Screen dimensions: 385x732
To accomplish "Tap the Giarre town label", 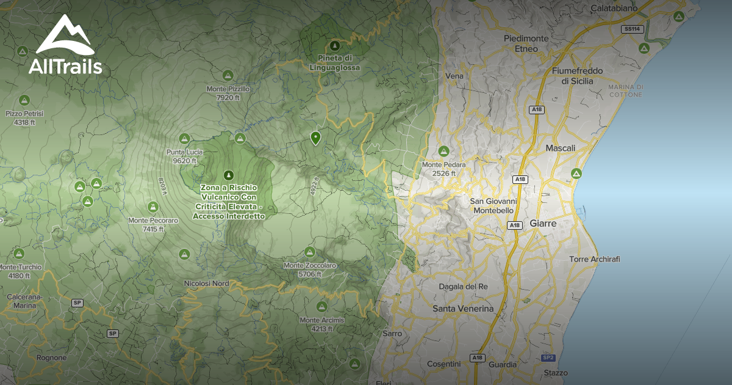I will (543, 224).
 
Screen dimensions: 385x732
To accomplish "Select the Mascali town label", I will (560, 148).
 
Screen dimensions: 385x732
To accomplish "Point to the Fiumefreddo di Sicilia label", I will (576, 76).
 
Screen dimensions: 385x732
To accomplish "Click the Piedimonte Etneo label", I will (526, 43).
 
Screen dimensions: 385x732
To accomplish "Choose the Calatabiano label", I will (614, 9).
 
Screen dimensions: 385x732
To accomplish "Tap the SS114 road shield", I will (631, 29).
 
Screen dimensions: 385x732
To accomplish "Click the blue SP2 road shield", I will (548, 358).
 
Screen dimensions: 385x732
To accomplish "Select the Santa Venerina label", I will (463, 309).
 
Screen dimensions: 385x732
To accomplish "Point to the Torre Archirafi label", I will (594, 259).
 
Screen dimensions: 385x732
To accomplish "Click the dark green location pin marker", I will (315, 138).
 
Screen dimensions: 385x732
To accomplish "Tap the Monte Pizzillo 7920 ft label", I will (229, 93).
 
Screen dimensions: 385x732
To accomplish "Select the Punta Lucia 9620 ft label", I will (184, 156).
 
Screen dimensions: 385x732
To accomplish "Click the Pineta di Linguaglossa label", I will (334, 62).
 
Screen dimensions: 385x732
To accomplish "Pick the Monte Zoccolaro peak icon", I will (309, 252).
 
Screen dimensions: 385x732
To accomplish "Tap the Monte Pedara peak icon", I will (443, 151).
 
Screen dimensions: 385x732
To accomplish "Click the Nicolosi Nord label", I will (206, 284).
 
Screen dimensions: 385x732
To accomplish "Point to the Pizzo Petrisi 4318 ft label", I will (24, 117).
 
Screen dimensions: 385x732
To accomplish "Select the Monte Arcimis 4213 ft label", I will (322, 324).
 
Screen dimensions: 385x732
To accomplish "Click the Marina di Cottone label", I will (625, 90).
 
